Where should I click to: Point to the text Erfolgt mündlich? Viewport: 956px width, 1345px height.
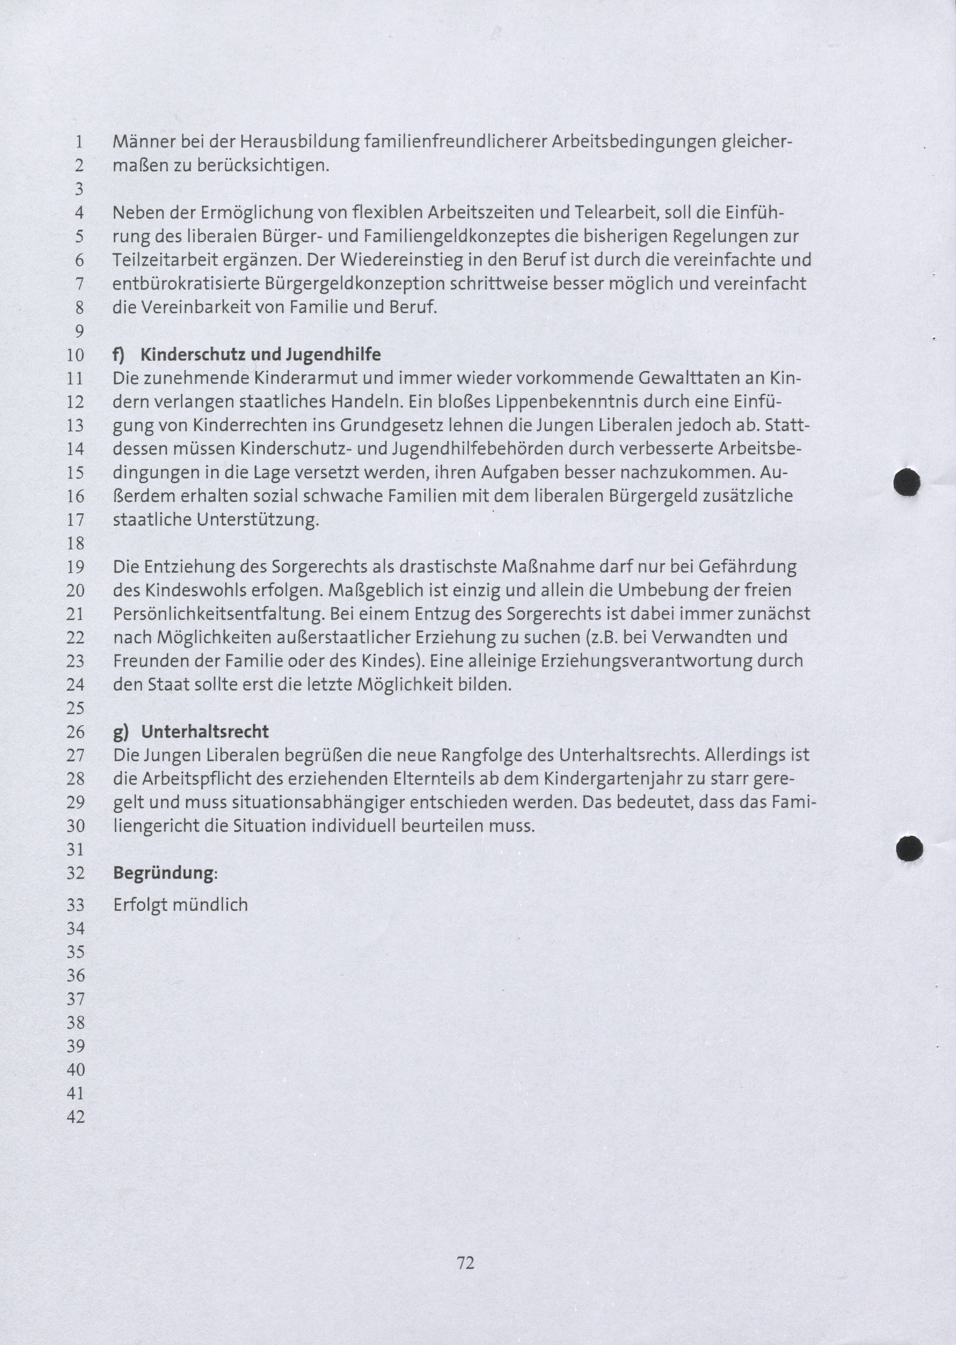pos(180,905)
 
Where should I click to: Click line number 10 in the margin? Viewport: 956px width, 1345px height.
pos(76,355)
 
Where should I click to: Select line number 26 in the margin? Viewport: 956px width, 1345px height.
pos(76,732)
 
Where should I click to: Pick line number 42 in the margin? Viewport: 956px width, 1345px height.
pos(76,1117)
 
